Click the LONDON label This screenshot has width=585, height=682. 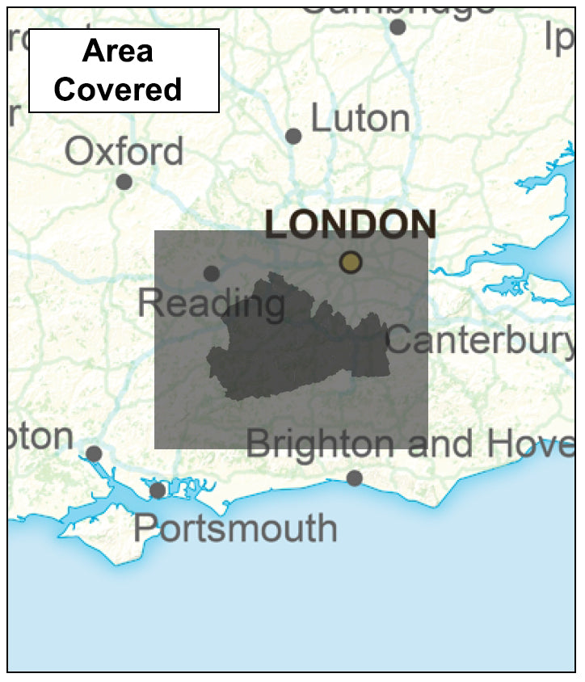(351, 225)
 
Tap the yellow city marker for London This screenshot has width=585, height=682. (350, 262)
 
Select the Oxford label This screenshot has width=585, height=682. (124, 151)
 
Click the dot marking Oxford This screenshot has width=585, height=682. (124, 182)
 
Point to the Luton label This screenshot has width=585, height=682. (360, 119)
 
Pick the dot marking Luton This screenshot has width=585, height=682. (293, 136)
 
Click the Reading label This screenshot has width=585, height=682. (211, 304)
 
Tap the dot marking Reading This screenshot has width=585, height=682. (211, 273)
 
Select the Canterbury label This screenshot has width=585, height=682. (481, 340)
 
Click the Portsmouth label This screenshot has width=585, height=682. (235, 528)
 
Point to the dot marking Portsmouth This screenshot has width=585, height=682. (158, 490)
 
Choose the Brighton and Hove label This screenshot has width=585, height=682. (410, 444)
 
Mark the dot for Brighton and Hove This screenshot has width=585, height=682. (354, 478)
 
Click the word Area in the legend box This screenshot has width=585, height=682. (118, 52)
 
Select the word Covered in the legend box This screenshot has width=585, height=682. (118, 89)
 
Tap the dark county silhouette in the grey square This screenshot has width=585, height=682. (299, 347)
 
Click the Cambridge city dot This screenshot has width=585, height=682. (397, 27)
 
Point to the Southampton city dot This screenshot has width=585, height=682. (94, 453)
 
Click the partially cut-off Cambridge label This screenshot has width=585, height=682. (398, 6)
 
